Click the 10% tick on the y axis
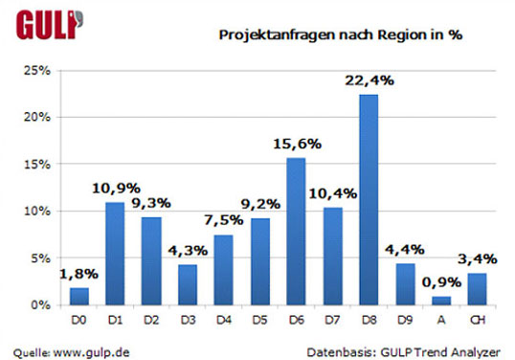coord(37,211)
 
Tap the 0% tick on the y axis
coord(41,304)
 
